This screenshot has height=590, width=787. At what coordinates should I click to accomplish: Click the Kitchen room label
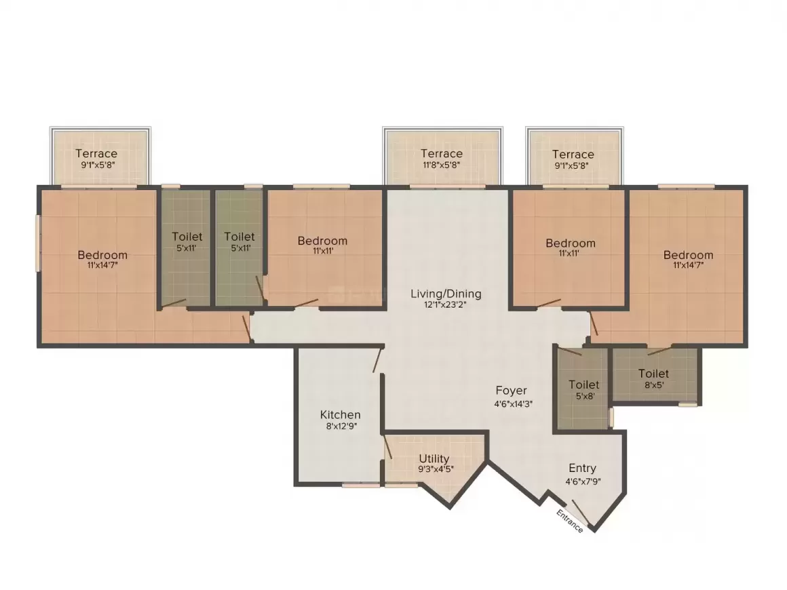pyautogui.click(x=340, y=414)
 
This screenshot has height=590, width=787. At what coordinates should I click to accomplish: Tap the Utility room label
pyautogui.click(x=434, y=459)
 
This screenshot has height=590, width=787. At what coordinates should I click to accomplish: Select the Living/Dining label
pyautogui.click(x=446, y=294)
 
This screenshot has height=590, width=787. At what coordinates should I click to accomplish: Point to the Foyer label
pyautogui.click(x=511, y=391)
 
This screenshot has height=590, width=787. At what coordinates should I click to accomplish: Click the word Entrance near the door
pyautogui.click(x=569, y=520)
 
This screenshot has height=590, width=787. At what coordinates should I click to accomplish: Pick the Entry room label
pyautogui.click(x=582, y=468)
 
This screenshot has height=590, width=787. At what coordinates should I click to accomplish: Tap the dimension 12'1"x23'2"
pyautogui.click(x=446, y=304)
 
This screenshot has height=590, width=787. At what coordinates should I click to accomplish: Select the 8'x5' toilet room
pyautogui.click(x=653, y=378)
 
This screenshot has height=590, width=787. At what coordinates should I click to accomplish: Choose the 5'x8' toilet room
pyautogui.click(x=583, y=390)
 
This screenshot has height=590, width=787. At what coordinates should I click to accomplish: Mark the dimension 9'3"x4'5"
pyautogui.click(x=434, y=469)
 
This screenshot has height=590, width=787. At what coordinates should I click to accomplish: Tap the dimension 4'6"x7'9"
pyautogui.click(x=583, y=481)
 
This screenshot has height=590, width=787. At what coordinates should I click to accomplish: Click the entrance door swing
pyautogui.click(x=581, y=510)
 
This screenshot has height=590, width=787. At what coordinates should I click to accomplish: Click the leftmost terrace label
pyautogui.click(x=96, y=153)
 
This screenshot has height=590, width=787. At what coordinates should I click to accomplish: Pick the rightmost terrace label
pyautogui.click(x=573, y=155)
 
